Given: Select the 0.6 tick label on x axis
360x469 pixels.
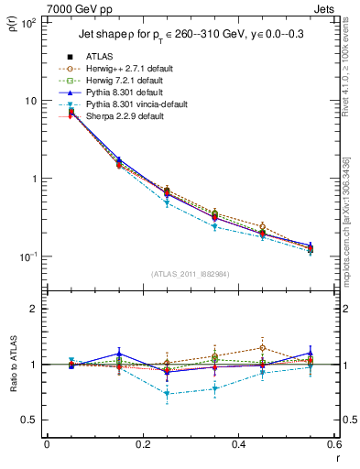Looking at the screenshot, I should pos(333,445).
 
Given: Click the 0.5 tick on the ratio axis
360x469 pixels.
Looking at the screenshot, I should pos(33,420).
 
